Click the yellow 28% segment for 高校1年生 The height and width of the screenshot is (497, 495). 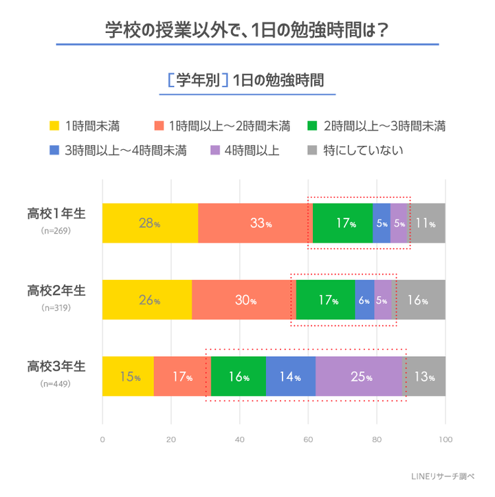pos(150,223)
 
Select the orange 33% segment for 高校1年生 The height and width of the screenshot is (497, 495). pos(255,223)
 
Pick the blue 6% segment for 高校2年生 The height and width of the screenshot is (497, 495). pos(364,300)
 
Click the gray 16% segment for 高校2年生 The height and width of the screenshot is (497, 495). pos(419,300)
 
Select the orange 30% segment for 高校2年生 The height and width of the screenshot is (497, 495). pos(243,300)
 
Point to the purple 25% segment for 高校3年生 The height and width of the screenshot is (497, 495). pos(360,377)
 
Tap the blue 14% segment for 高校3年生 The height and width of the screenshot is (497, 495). pos(291,377)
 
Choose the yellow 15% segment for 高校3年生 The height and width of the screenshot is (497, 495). pos(128,377)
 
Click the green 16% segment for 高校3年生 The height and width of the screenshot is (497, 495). pos(239,377)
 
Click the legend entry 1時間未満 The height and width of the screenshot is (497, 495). pos(85,126)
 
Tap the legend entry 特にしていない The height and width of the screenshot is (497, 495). pos(355,150)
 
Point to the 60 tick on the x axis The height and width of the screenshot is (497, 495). pos(308,440)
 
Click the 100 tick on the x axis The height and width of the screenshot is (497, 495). pos(445,440)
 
